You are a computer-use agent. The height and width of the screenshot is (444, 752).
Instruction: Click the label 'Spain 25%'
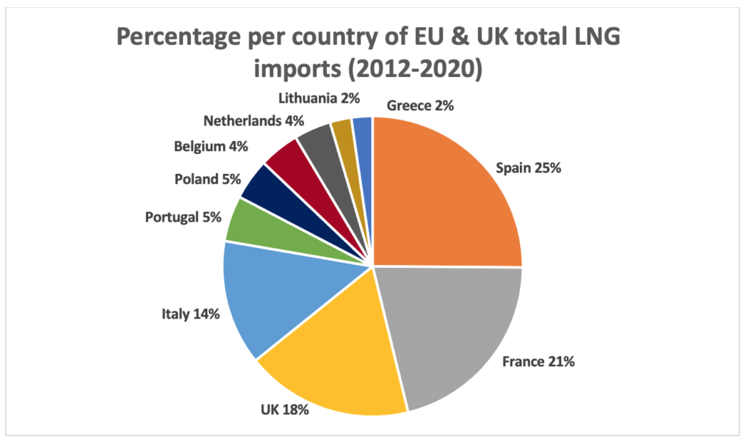[528, 167]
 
